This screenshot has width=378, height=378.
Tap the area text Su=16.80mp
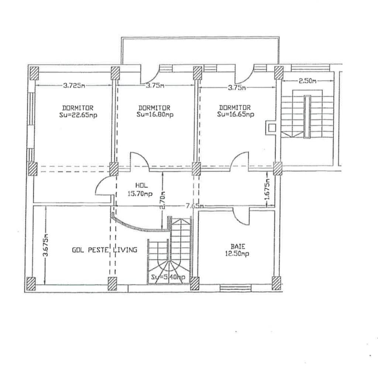click(155, 114)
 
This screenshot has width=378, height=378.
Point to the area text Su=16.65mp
click(236, 114)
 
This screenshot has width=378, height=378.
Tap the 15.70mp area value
click(140, 193)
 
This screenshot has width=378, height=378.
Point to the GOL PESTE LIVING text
click(104, 250)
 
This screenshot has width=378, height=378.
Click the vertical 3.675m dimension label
click(45, 244)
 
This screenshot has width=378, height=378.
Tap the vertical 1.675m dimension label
click(268, 189)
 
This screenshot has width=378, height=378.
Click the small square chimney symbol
click(271, 128)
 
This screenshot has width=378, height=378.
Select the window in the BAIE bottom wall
click(236, 287)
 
